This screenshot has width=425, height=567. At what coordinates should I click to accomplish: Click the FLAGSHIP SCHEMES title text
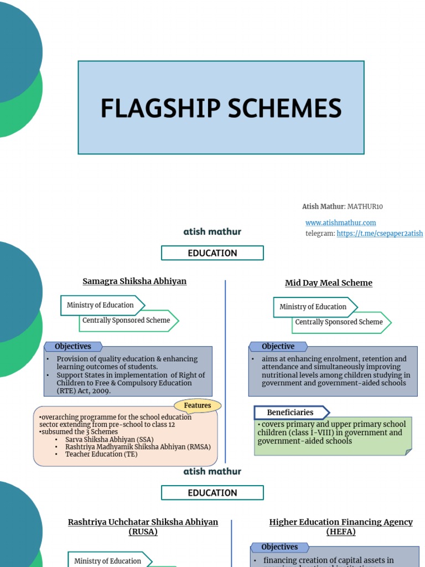[x=221, y=108]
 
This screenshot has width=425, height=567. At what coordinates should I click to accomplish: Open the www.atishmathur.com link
[x=340, y=223]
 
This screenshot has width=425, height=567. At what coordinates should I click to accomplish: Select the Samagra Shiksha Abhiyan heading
[x=134, y=281]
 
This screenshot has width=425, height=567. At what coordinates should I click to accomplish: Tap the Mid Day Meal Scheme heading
[x=328, y=283]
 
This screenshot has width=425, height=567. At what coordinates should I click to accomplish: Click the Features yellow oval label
[x=198, y=406]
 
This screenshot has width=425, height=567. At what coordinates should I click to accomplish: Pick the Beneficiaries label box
[x=291, y=413]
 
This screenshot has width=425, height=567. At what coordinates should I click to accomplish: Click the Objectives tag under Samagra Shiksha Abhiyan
[x=72, y=347]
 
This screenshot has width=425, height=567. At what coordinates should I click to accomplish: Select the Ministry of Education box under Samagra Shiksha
[x=101, y=305]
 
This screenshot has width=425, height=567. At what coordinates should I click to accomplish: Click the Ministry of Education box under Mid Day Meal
[x=314, y=307]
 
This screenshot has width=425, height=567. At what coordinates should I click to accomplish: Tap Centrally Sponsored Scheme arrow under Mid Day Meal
[x=339, y=322]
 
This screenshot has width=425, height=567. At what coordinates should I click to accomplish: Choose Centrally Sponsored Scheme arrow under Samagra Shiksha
[x=127, y=321]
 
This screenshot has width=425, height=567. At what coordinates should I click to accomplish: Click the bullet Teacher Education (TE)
[x=101, y=454]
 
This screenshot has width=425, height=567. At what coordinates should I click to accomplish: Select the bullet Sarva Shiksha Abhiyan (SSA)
[x=109, y=440]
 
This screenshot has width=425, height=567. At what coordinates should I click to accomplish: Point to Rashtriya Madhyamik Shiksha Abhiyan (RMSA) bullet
[x=137, y=447]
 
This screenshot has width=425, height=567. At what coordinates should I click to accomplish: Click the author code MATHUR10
[x=365, y=207]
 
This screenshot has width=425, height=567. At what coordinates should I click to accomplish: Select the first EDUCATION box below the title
[x=212, y=253]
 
